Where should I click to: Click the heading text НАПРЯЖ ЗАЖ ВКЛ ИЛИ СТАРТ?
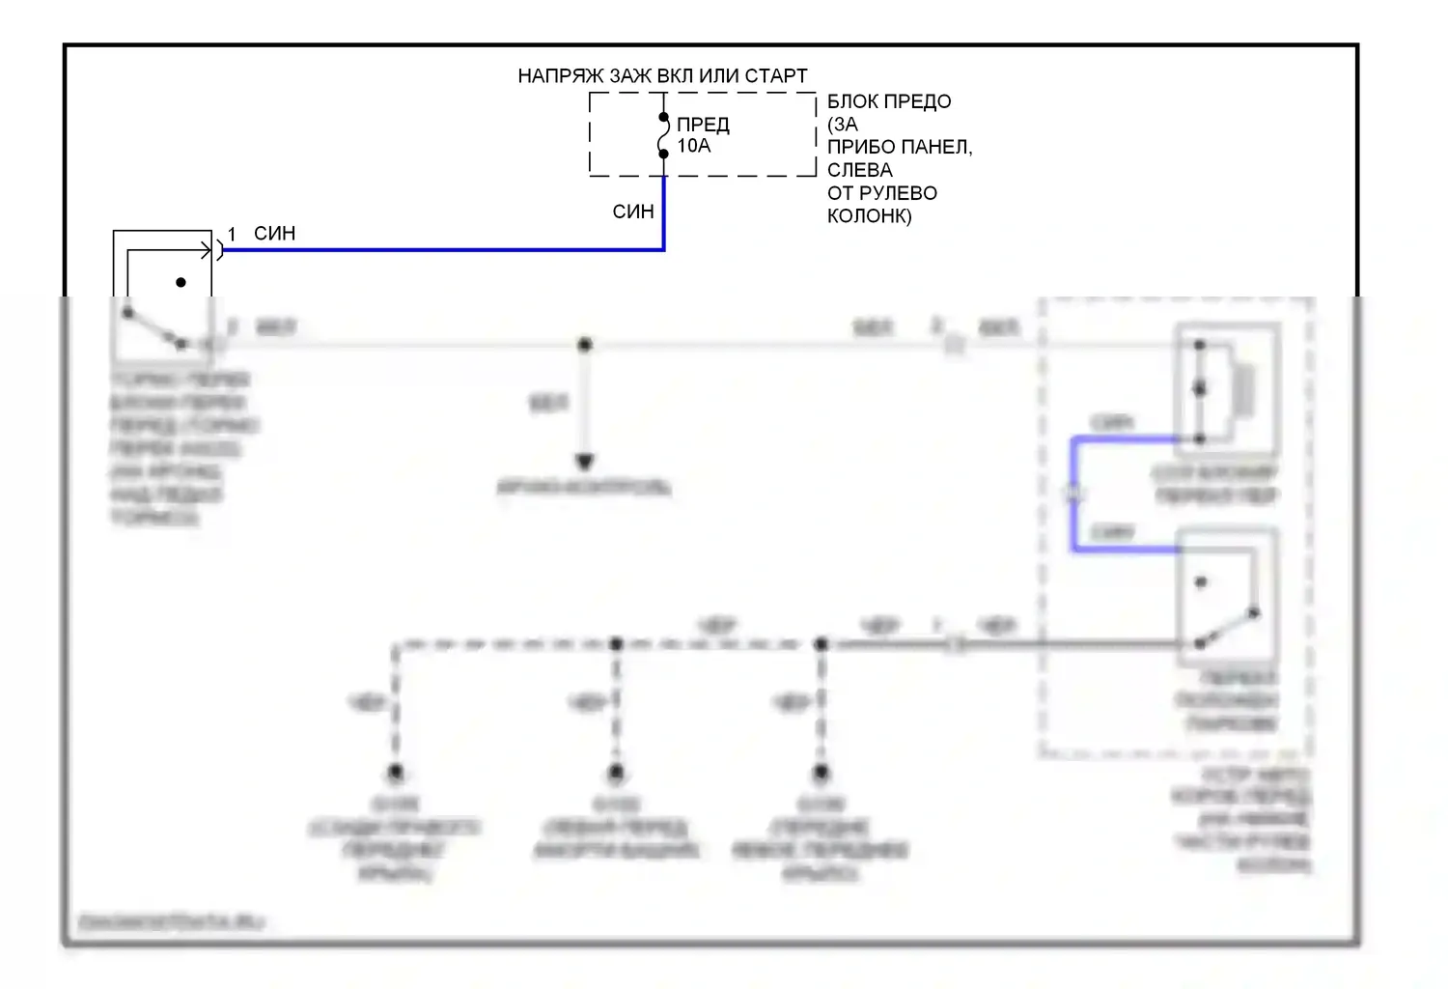(662, 75)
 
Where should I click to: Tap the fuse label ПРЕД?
(703, 125)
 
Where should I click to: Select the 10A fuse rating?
(693, 146)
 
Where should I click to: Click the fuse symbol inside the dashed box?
(663, 135)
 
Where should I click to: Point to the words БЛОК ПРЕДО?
(889, 101)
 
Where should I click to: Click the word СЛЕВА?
(859, 170)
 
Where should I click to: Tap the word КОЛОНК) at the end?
(869, 215)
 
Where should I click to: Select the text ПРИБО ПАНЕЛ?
(900, 147)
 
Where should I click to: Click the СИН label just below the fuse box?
(633, 212)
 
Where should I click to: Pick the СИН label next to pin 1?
(274, 234)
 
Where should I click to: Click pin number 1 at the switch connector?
(232, 235)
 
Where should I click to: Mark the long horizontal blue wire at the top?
(444, 250)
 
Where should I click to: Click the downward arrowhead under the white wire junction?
(584, 462)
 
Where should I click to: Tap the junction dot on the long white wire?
(584, 345)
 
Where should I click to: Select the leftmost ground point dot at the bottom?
(395, 773)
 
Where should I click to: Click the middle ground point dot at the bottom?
(616, 773)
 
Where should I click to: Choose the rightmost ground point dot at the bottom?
(821, 773)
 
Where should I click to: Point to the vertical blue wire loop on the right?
(1073, 494)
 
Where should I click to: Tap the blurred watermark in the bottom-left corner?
(170, 922)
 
